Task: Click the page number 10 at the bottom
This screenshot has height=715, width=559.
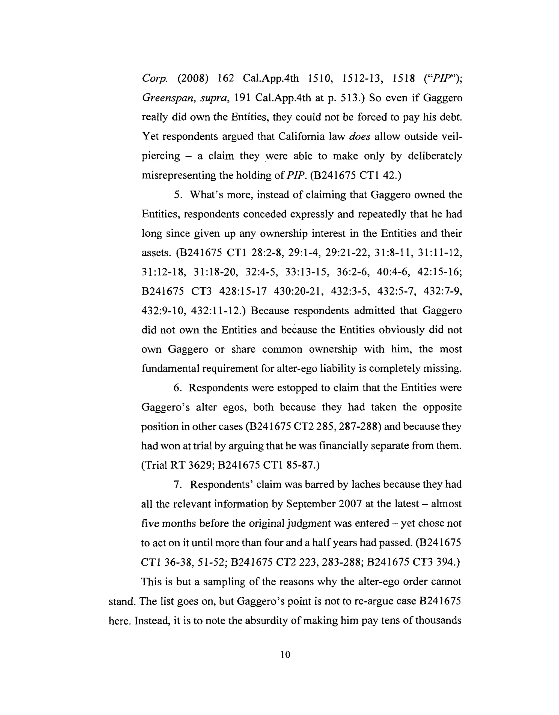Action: click(x=285, y=655)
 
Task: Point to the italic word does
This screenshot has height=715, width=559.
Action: click(x=359, y=136)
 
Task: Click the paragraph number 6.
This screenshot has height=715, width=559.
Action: click(x=177, y=388)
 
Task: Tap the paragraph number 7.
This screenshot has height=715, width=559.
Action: click(x=178, y=484)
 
